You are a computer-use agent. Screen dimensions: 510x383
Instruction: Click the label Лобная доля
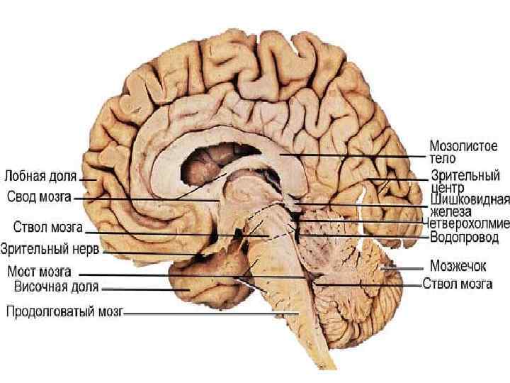[x=40, y=175]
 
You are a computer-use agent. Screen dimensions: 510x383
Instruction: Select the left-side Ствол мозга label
[x=48, y=228]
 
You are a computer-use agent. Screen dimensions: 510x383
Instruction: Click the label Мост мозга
[x=39, y=271]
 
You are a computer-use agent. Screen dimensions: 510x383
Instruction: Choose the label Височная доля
[x=57, y=287]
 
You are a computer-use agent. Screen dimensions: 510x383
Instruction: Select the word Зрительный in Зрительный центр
[x=465, y=175]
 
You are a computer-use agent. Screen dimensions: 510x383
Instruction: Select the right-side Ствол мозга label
[x=458, y=284]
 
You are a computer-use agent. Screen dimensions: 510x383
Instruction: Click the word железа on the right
[x=450, y=211]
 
